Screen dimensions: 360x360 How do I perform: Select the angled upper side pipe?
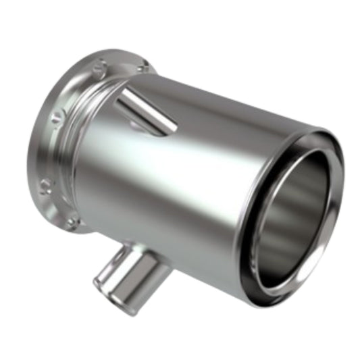(145, 111)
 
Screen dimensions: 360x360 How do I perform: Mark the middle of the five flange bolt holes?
(54, 120)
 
